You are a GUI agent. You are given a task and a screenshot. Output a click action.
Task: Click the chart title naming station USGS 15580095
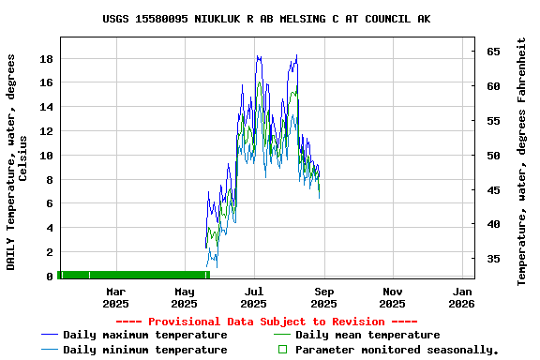click(x=267, y=19)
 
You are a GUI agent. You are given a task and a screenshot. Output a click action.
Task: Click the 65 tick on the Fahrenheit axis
click(x=492, y=52)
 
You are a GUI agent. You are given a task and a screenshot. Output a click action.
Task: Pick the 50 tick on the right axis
click(x=492, y=156)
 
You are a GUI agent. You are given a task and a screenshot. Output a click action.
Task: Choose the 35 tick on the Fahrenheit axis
click(x=492, y=259)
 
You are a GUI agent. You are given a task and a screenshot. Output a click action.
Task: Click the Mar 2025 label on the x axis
click(x=115, y=297)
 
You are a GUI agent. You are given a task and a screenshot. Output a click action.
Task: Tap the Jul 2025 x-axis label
click(x=254, y=297)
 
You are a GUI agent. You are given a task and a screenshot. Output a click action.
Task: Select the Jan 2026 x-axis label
click(x=461, y=297)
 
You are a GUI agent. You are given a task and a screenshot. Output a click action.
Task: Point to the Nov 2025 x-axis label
click(x=393, y=297)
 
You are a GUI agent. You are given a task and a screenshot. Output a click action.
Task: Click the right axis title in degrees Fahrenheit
click(x=521, y=161)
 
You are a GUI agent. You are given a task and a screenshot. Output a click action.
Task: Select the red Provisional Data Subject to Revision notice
click(x=267, y=321)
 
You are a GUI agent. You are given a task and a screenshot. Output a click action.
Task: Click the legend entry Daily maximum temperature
click(x=144, y=335)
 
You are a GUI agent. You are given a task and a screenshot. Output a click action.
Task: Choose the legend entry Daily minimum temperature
click(x=144, y=350)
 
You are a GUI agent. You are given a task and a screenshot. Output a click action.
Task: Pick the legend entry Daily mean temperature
click(x=367, y=335)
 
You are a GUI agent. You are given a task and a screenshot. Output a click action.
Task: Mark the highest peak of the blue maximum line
click(x=296, y=55)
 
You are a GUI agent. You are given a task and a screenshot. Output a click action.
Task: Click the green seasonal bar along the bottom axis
click(x=131, y=275)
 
